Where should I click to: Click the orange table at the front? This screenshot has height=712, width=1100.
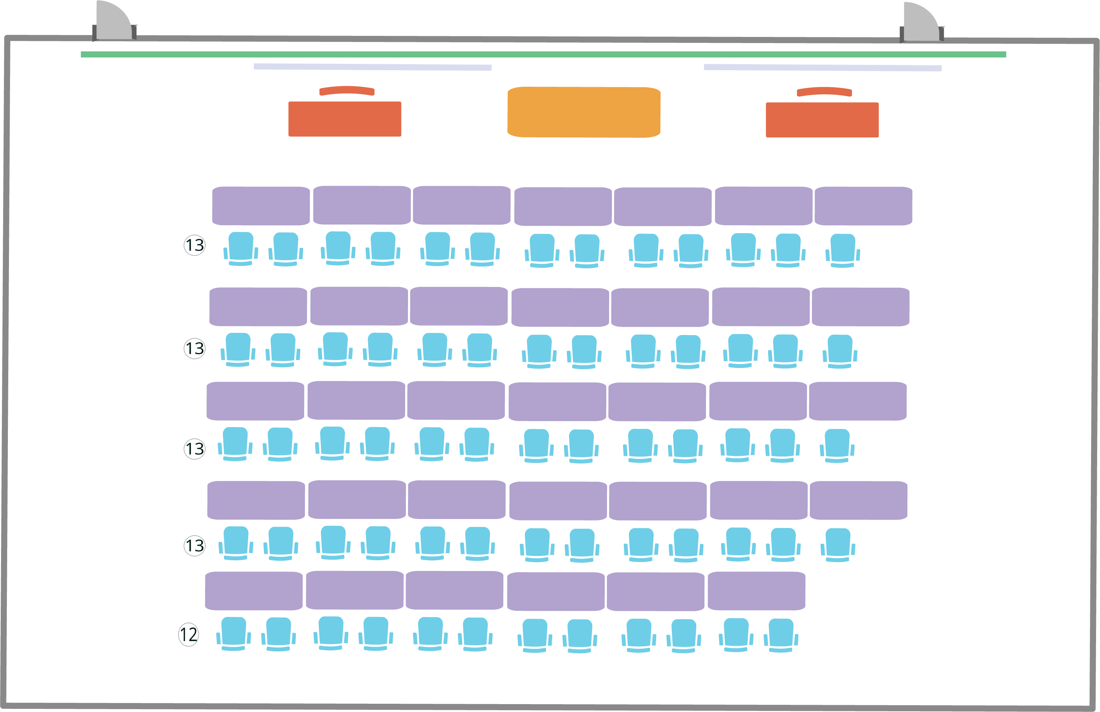click(x=584, y=112)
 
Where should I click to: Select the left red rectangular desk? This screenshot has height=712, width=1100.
click(x=345, y=119)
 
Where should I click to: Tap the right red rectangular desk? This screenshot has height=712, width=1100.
click(x=822, y=120)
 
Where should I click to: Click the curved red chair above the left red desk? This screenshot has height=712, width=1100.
click(x=347, y=91)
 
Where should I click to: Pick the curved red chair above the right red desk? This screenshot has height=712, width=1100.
click(x=824, y=91)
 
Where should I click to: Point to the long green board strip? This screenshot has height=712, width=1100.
click(x=543, y=55)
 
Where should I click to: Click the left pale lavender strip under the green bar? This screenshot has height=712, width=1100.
click(x=373, y=67)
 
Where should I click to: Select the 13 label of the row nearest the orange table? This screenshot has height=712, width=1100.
click(x=195, y=245)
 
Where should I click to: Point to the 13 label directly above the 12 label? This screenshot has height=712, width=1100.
click(x=195, y=546)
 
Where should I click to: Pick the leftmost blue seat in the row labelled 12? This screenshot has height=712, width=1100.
click(x=233, y=633)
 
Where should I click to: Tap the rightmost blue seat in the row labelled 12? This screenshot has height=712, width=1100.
click(x=781, y=635)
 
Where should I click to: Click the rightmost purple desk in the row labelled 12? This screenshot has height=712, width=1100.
click(x=756, y=591)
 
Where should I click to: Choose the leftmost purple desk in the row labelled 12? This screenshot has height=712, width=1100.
click(x=254, y=591)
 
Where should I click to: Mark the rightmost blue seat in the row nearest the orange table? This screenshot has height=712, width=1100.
click(x=843, y=250)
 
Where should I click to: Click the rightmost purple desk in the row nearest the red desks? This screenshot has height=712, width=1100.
click(x=863, y=206)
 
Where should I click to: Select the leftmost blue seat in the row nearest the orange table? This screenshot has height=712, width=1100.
click(x=240, y=248)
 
